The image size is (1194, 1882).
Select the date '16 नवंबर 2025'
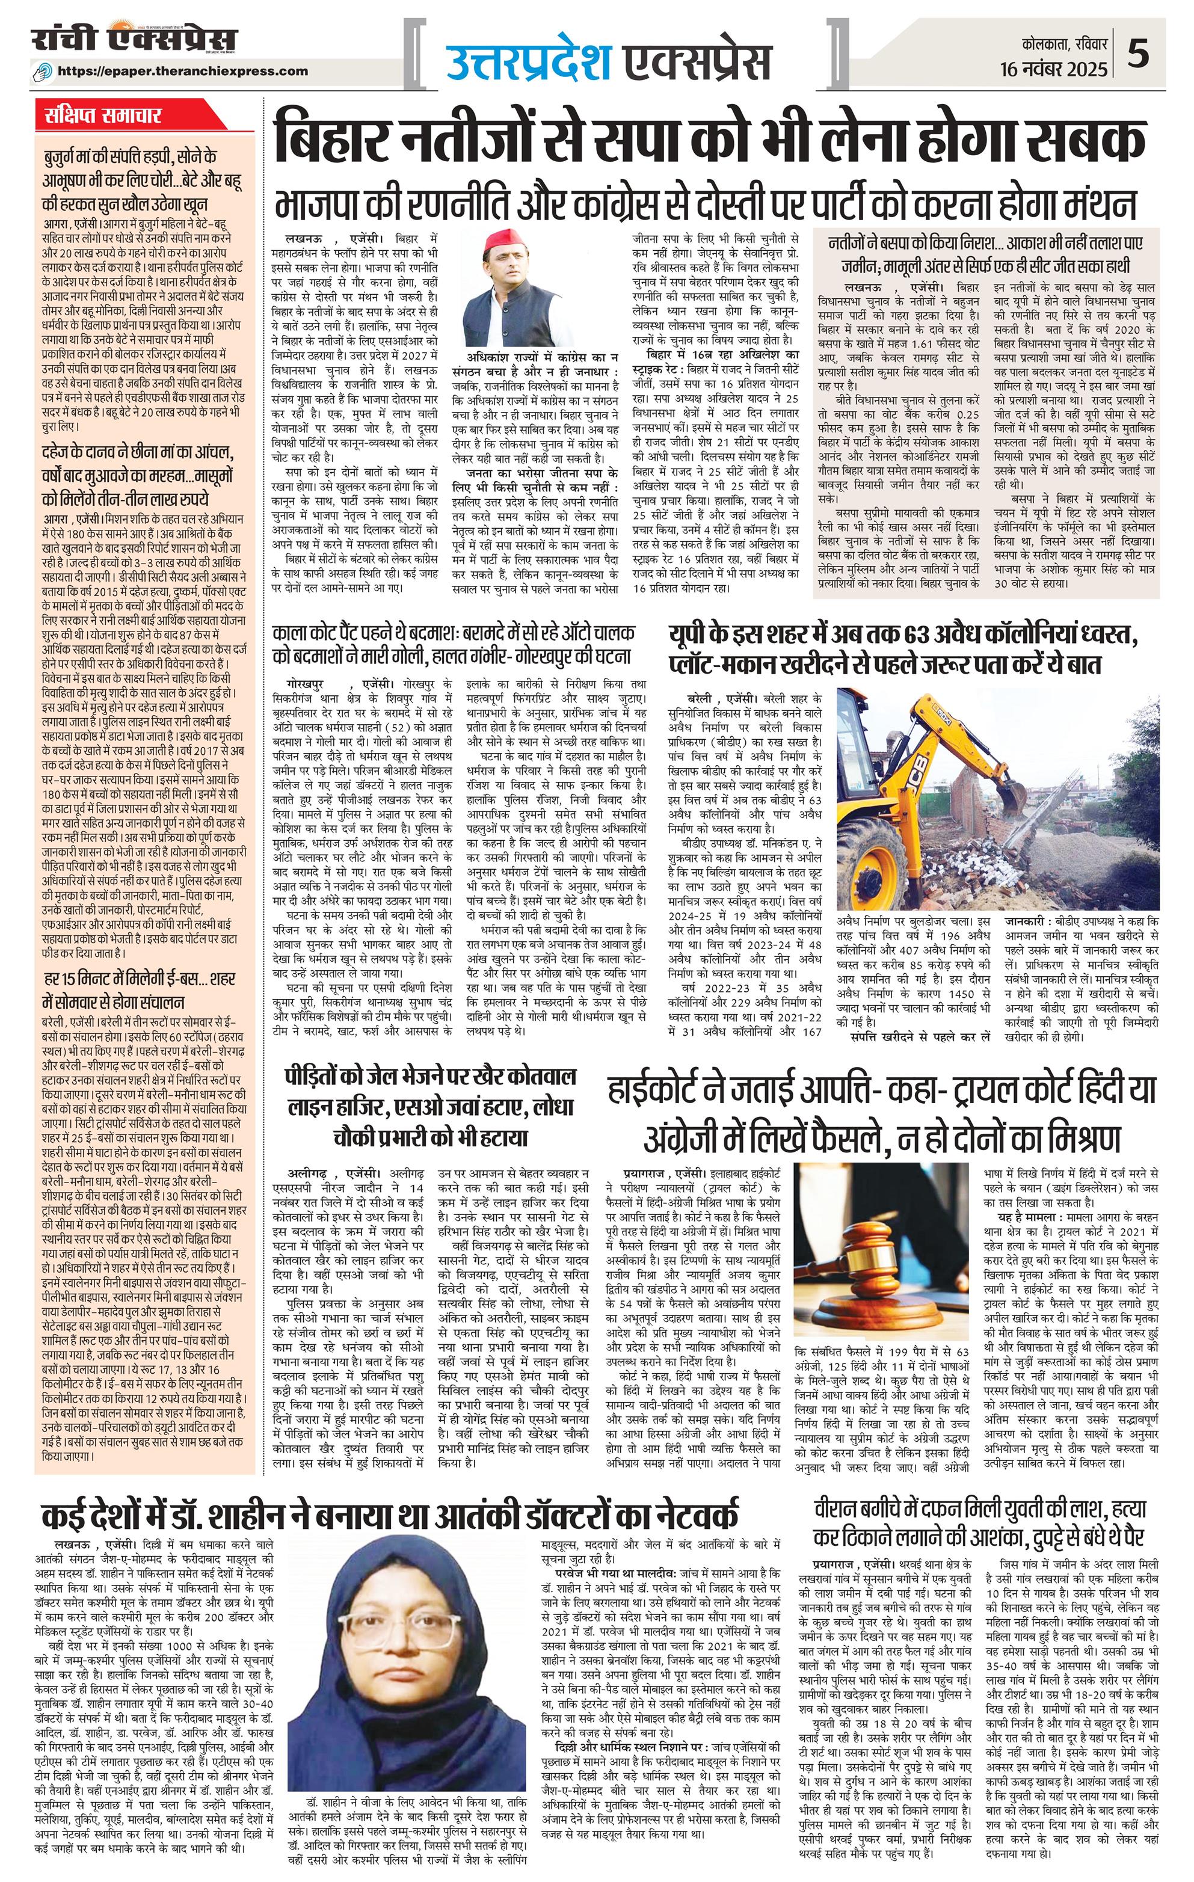pyautogui.click(x=1054, y=69)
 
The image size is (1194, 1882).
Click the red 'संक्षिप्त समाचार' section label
pyautogui.click(x=102, y=115)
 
